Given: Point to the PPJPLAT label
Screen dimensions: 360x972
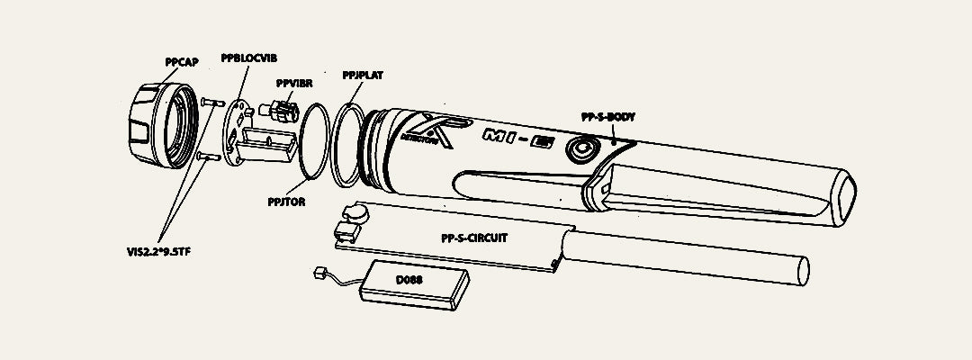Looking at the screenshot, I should (x=363, y=76).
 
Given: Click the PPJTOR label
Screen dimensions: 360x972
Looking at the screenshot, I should (x=287, y=202).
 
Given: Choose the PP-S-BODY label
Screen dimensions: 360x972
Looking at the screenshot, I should (x=609, y=117).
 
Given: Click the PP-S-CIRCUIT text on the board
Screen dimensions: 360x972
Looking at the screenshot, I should (x=475, y=238).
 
